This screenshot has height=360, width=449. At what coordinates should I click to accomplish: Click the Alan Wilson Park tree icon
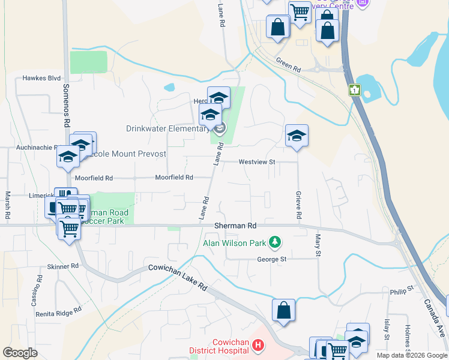pos(275,242)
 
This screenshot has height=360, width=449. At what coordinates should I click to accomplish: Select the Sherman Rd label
pos(235,226)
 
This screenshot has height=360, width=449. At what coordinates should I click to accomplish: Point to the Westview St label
pos(256,162)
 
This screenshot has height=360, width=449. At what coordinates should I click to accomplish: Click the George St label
pos(271,260)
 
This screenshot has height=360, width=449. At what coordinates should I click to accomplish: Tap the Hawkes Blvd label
pos(42,78)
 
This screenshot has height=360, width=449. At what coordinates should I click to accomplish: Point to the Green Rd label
pos(288,64)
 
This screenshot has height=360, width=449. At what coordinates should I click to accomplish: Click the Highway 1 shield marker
pos(355,90)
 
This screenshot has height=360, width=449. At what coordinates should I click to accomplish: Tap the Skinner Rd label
pos(63,266)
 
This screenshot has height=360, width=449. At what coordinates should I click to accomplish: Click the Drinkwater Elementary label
pos(166,128)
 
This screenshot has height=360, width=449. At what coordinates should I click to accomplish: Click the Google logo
pos(20,353)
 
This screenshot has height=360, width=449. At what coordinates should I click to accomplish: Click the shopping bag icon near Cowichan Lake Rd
pos(283,311)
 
